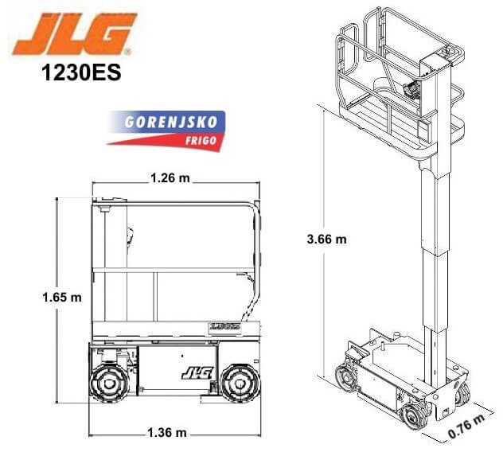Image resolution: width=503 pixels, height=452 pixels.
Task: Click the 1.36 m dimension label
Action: click(167, 433)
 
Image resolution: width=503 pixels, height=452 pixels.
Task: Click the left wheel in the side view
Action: click(110, 380)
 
